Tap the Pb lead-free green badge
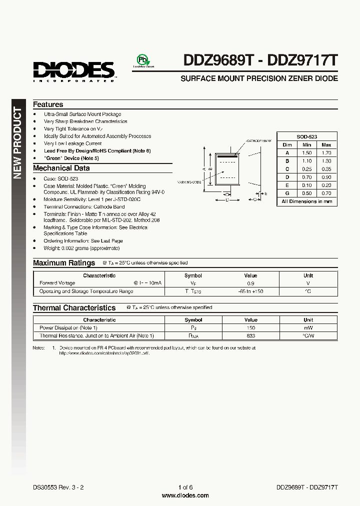pyautogui.click(x=143, y=60)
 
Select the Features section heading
pyautogui.click(x=48, y=104)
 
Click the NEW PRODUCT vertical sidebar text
pyautogui.click(x=17, y=143)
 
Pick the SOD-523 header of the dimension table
pyautogui.click(x=306, y=136)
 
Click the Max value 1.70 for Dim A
pyautogui.click(x=326, y=152)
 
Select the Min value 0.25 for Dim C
pyautogui.click(x=306, y=169)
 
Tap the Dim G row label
pyautogui.click(x=287, y=193)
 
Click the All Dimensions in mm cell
pyautogui.click(x=306, y=201)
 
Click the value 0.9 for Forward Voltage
pyautogui.click(x=250, y=283)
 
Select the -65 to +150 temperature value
pyautogui.click(x=250, y=291)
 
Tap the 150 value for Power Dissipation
pyautogui.click(x=250, y=327)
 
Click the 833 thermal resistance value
pyautogui.click(x=250, y=335)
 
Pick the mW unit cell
pyautogui.click(x=308, y=327)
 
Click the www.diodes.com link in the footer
pyautogui.click(x=185, y=495)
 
